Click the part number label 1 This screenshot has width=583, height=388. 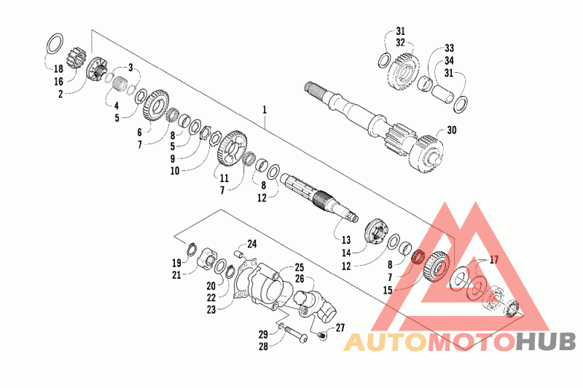[265, 110]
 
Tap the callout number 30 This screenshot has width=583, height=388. [452, 131]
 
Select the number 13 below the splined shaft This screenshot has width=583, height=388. [346, 239]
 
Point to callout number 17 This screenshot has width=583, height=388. [494, 260]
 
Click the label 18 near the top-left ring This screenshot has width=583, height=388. [58, 68]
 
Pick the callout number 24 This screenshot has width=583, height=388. [252, 244]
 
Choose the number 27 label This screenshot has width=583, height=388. [340, 328]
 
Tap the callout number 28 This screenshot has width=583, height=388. [263, 347]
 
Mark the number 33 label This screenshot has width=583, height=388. [449, 48]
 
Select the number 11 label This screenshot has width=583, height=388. [224, 178]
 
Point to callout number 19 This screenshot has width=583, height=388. [177, 263]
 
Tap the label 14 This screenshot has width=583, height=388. [346, 252]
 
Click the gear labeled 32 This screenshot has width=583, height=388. [404, 71]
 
